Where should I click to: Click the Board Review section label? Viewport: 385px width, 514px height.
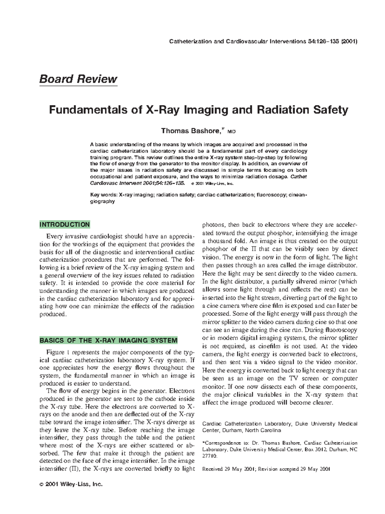point(78,79)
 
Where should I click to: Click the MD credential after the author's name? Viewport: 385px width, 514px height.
point(232,132)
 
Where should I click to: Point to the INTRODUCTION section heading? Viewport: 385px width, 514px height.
point(64,225)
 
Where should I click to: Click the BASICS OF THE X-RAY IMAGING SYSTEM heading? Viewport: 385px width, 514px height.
point(108,340)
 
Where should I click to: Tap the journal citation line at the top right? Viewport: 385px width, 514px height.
point(263,41)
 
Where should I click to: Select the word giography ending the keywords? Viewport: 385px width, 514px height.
point(102,201)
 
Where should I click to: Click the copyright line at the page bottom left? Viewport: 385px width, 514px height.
point(71,484)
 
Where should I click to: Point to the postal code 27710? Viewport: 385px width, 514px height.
point(210,456)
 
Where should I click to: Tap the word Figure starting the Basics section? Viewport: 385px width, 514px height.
point(55,352)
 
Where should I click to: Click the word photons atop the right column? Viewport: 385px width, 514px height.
point(214,225)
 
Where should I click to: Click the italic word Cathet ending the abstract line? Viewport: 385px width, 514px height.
point(298,177)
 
